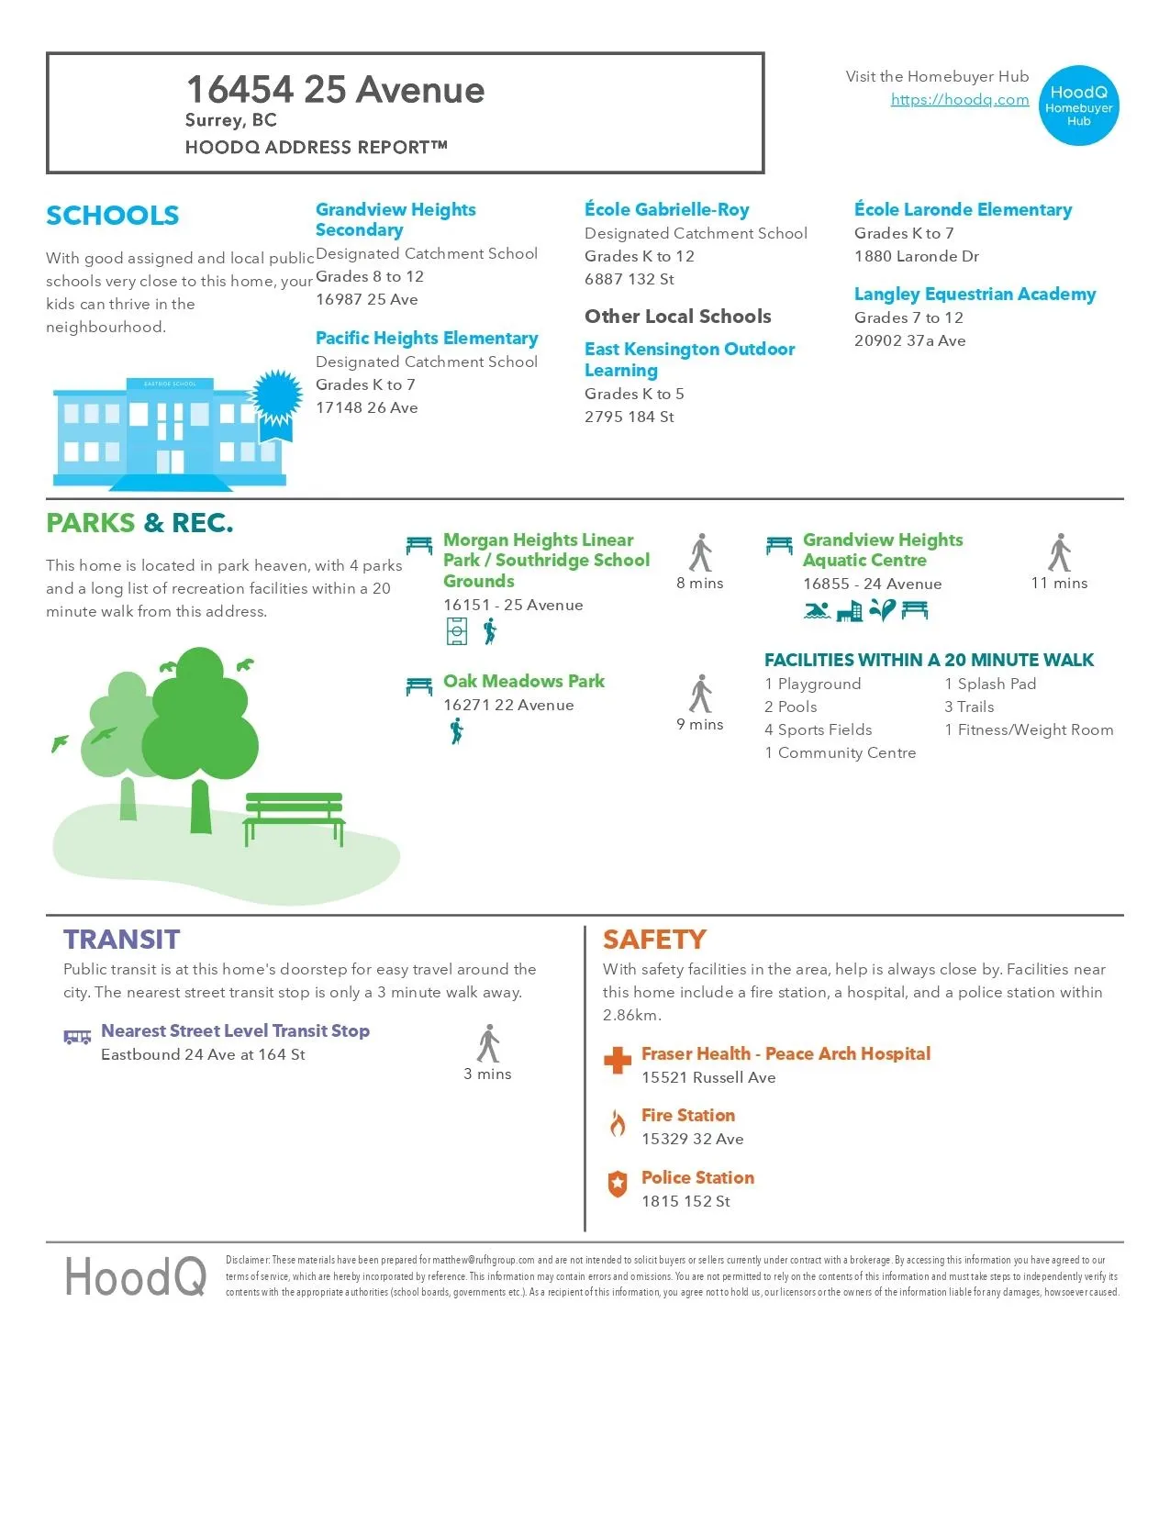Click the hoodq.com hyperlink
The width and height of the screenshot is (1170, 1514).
(x=959, y=100)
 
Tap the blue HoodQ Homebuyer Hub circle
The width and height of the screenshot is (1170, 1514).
(x=1078, y=106)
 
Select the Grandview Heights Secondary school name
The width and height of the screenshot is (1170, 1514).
(x=396, y=219)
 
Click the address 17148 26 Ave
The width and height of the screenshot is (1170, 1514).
(x=366, y=407)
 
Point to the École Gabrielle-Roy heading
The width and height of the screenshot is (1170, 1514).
(x=666, y=209)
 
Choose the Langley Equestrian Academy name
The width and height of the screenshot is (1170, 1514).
(x=975, y=294)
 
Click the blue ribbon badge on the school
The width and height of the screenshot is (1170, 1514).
(x=277, y=397)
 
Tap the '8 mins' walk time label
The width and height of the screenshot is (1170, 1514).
(x=699, y=583)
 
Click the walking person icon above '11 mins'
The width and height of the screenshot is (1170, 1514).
(x=1060, y=552)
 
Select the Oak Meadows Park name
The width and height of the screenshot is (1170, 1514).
(x=523, y=681)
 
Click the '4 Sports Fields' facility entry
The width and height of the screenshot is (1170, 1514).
(x=818, y=729)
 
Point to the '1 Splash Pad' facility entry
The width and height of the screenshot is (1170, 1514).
(x=990, y=684)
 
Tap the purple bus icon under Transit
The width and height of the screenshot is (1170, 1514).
(x=77, y=1037)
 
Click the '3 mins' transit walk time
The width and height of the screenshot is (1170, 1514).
(x=487, y=1074)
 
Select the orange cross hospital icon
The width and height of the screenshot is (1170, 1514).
(x=618, y=1061)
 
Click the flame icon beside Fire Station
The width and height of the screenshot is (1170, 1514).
(x=618, y=1122)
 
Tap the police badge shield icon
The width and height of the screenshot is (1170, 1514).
(x=618, y=1185)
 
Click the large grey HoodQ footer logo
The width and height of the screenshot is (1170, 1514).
(x=135, y=1276)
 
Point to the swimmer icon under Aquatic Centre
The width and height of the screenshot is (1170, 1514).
(x=816, y=610)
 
